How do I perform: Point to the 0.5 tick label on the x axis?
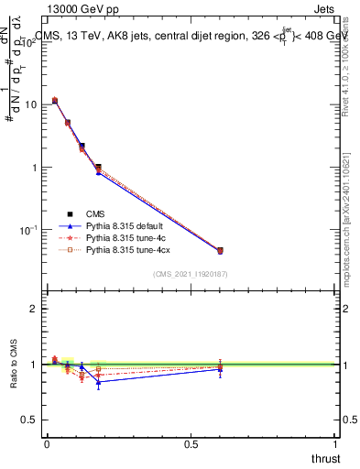coord(191,443)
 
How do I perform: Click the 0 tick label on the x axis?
coord(47,443)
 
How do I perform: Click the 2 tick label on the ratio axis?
coord(34,309)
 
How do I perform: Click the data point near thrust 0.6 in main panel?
coord(220,250)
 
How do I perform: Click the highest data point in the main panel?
coord(55,101)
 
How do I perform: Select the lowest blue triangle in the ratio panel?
coord(98,381)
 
